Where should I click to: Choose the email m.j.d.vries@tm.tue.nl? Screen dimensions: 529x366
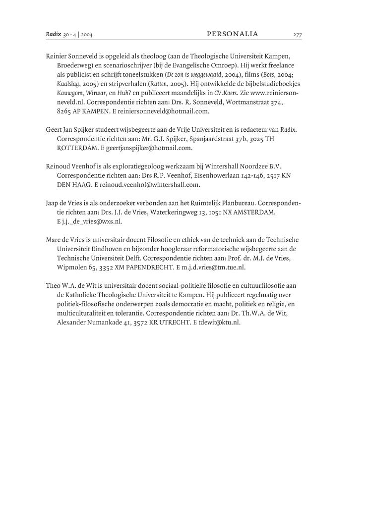tap(214, 267)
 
